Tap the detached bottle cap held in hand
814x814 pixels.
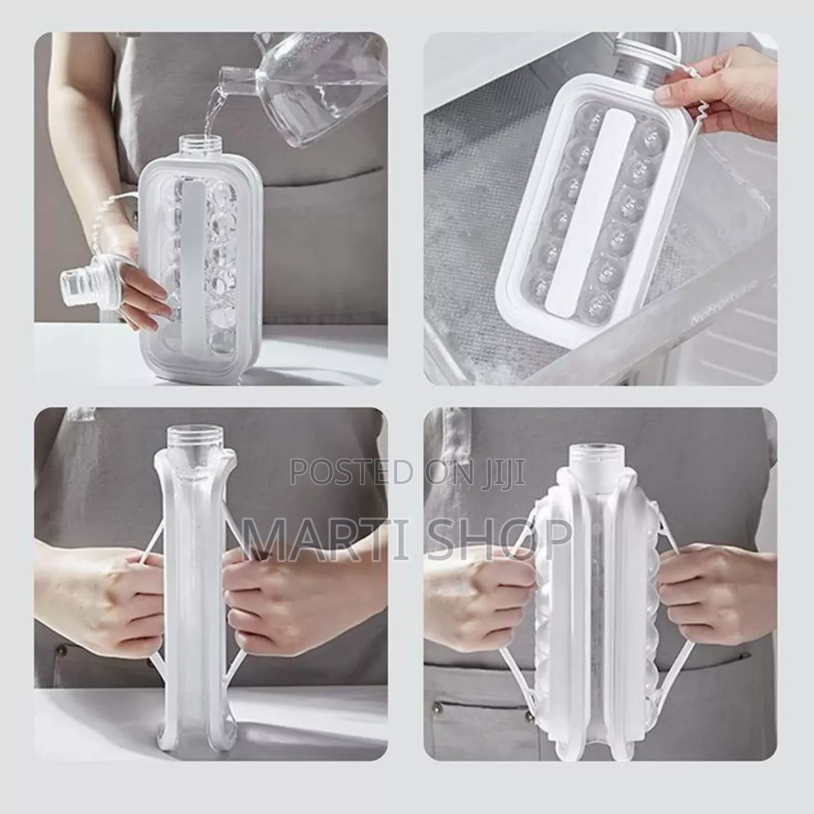pyautogui.click(x=81, y=279)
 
